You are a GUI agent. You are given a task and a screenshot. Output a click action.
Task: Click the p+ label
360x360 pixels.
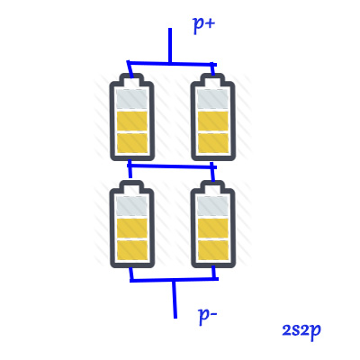pyautogui.click(x=204, y=24)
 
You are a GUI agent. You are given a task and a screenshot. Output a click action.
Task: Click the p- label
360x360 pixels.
pyautogui.click(x=208, y=316)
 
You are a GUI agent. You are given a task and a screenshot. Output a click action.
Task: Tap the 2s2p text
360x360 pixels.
pyautogui.click(x=301, y=331)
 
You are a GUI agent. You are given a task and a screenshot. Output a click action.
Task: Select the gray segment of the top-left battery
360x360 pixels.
pyautogui.click(x=131, y=99)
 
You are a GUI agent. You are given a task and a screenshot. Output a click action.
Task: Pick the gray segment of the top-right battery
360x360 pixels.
pyautogui.click(x=213, y=99)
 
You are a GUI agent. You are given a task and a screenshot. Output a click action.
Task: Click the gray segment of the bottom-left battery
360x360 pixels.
pyautogui.click(x=131, y=205)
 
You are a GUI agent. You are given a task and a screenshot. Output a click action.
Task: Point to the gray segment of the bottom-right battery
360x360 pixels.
pyautogui.click(x=213, y=205)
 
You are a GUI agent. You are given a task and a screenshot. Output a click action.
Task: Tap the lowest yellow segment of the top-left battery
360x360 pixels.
pyautogui.click(x=131, y=142)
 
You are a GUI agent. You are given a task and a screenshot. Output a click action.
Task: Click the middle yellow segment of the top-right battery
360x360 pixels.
pyautogui.click(x=213, y=121)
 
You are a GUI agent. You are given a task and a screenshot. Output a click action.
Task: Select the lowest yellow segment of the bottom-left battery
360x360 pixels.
pyautogui.click(x=131, y=250)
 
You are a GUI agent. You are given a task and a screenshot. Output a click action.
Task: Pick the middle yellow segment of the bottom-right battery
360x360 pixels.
pyautogui.click(x=213, y=228)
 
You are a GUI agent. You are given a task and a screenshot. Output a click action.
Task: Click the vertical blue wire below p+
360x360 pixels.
pyautogui.click(x=170, y=46)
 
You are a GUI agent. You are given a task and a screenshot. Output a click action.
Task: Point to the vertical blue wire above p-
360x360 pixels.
pyautogui.click(x=175, y=299)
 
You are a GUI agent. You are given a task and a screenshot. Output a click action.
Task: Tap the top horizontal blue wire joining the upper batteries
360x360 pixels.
pyautogui.click(x=172, y=63)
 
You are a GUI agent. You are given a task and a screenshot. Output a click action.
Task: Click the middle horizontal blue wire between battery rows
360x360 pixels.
pyautogui.click(x=172, y=166)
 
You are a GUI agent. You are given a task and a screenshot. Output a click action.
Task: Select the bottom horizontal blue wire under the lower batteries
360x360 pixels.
pyautogui.click(x=174, y=280)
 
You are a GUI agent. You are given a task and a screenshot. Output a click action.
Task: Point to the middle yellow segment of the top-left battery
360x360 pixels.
pyautogui.click(x=131, y=121)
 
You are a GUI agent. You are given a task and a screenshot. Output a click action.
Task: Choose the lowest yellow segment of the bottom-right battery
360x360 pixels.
pyautogui.click(x=213, y=250)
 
